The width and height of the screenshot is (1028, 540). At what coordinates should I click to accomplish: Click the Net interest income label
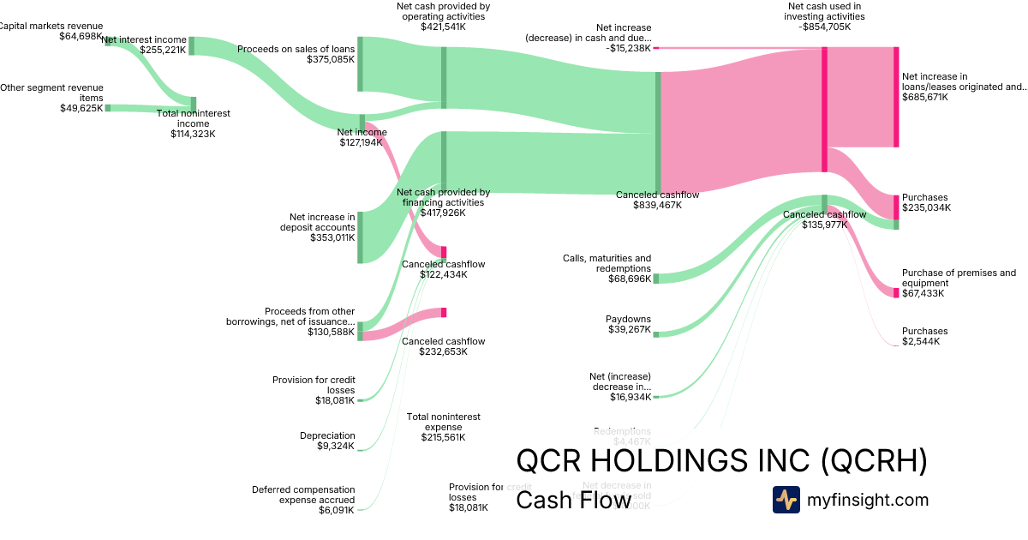144,39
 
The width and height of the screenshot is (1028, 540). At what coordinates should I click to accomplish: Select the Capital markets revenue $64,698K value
80,37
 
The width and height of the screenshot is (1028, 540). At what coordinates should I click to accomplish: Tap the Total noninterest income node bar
193,105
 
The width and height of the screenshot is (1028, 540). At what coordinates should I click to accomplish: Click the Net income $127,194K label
362,137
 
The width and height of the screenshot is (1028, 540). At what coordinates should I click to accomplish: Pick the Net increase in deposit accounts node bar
360,237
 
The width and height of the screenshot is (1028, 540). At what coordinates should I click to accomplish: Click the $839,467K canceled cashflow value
657,206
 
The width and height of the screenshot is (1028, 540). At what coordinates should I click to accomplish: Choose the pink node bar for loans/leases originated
896,97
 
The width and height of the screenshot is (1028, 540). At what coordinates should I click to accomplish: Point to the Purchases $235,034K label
926,202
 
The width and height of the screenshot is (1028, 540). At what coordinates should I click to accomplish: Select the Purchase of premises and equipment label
959,278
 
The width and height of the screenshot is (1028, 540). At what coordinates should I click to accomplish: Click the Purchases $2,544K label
924,336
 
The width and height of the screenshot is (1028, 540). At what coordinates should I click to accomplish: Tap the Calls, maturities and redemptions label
607,263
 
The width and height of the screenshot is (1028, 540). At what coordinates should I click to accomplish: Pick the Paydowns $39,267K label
628,324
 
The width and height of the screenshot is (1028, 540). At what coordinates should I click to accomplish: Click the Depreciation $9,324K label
327,441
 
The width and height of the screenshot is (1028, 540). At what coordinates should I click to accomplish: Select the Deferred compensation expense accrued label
303,495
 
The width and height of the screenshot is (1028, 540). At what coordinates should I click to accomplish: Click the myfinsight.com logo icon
786,500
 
